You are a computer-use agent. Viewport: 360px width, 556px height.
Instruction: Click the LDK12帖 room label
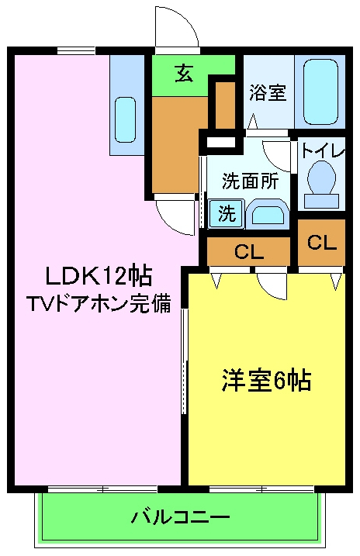[x=98, y=275]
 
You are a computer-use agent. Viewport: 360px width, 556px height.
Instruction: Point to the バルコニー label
[x=180, y=516]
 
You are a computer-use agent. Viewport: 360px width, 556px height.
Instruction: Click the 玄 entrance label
[x=183, y=74]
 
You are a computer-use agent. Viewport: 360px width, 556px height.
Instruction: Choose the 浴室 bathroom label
[x=268, y=93]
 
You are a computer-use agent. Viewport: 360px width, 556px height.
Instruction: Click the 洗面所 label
[x=250, y=181]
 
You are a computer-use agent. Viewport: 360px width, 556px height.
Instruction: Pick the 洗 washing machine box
[x=226, y=214]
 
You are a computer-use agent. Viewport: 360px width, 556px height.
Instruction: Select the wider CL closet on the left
[x=248, y=250]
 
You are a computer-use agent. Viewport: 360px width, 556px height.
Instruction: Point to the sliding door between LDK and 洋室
[x=185, y=361]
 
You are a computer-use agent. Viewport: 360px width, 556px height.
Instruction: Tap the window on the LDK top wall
[x=76, y=51]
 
